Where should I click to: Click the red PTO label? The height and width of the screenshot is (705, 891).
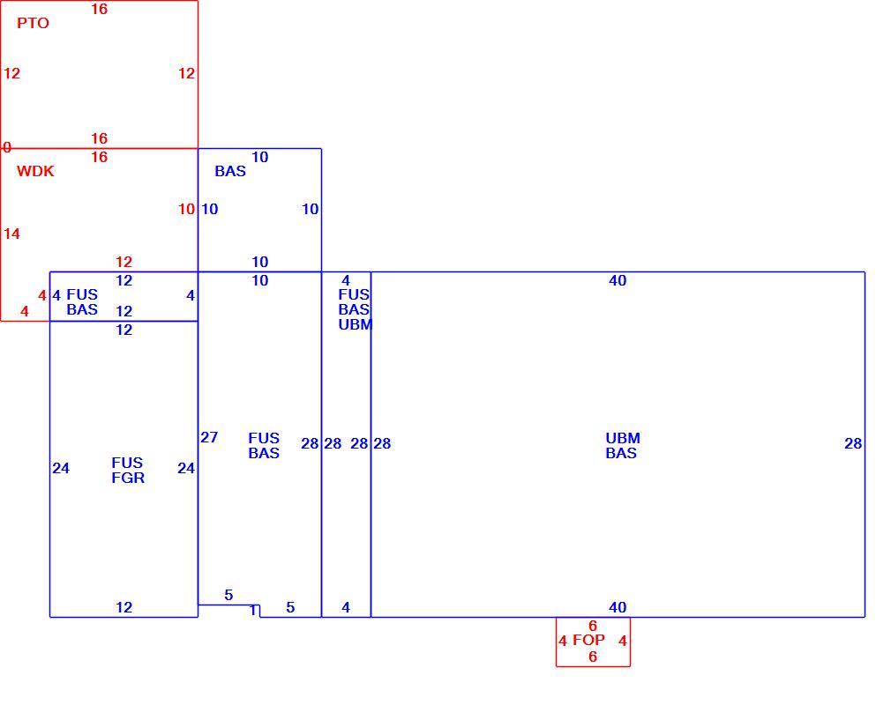(x=33, y=23)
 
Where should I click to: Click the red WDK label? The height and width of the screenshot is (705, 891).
(x=35, y=172)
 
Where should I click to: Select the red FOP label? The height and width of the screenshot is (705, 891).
(x=588, y=641)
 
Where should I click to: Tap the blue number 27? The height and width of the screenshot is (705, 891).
(x=209, y=438)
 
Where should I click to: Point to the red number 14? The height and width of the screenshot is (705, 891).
(x=11, y=234)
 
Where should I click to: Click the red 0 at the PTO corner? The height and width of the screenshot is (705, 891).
(x=7, y=147)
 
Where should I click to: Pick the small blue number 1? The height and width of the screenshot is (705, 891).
(x=253, y=611)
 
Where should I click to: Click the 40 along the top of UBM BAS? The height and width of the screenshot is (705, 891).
(x=618, y=280)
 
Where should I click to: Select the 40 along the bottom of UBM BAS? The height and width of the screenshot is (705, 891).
(x=618, y=608)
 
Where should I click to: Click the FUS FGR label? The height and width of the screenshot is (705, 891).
(x=128, y=471)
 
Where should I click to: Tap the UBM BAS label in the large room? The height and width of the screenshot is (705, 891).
(x=623, y=446)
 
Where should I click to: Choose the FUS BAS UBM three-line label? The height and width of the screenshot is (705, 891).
(x=356, y=310)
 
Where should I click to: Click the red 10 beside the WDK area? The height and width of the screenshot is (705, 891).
(x=186, y=210)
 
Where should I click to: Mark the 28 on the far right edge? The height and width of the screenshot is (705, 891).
(x=853, y=444)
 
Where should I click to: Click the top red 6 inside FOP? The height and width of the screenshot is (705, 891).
(x=593, y=626)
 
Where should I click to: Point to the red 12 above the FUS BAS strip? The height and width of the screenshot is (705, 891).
(x=124, y=263)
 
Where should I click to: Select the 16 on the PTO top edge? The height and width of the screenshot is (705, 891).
(x=100, y=10)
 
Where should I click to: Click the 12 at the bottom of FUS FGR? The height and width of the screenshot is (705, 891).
(x=124, y=608)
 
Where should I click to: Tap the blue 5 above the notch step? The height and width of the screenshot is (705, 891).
(x=228, y=596)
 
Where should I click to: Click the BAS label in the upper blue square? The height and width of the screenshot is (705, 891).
(x=230, y=172)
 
